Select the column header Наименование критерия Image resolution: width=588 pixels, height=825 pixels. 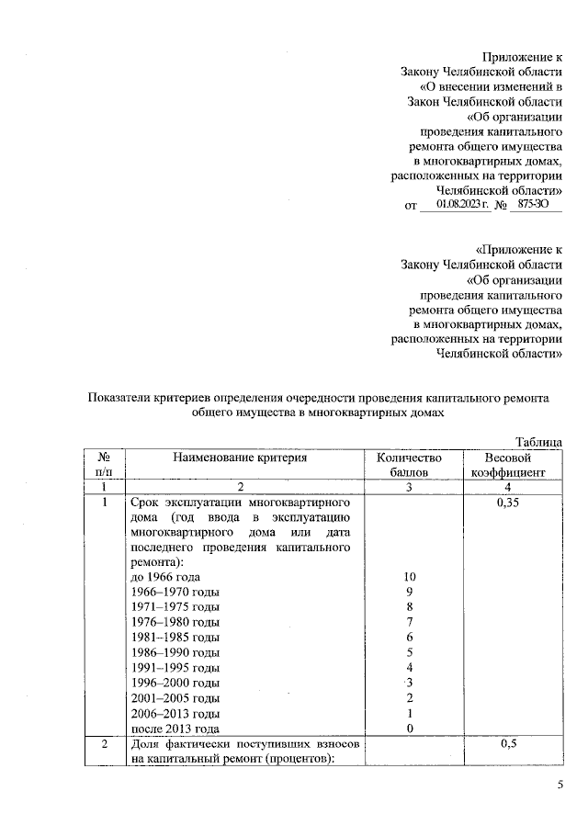tap(241, 458)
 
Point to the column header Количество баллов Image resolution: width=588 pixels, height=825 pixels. tap(409, 465)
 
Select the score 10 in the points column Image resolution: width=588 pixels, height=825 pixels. tap(410, 576)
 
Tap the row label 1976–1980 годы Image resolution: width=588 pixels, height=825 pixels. tap(175, 622)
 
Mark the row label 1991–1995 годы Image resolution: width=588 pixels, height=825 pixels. tap(175, 667)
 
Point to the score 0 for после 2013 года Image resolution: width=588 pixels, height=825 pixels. tap(410, 729)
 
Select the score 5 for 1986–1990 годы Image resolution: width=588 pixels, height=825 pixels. tap(410, 652)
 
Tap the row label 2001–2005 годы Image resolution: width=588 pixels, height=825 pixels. tap(175, 698)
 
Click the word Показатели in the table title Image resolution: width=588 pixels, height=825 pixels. tap(123, 397)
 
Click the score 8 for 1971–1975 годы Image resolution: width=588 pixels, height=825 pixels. tap(410, 606)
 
